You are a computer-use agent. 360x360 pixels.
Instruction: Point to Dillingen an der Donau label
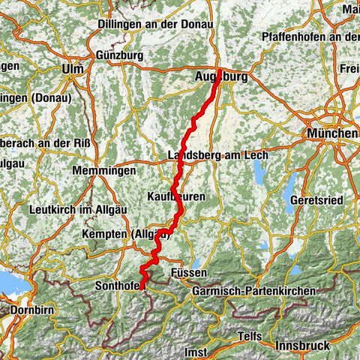155,24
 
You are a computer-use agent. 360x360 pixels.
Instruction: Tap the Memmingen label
104,171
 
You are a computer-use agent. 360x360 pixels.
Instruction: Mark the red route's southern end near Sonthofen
142,288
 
